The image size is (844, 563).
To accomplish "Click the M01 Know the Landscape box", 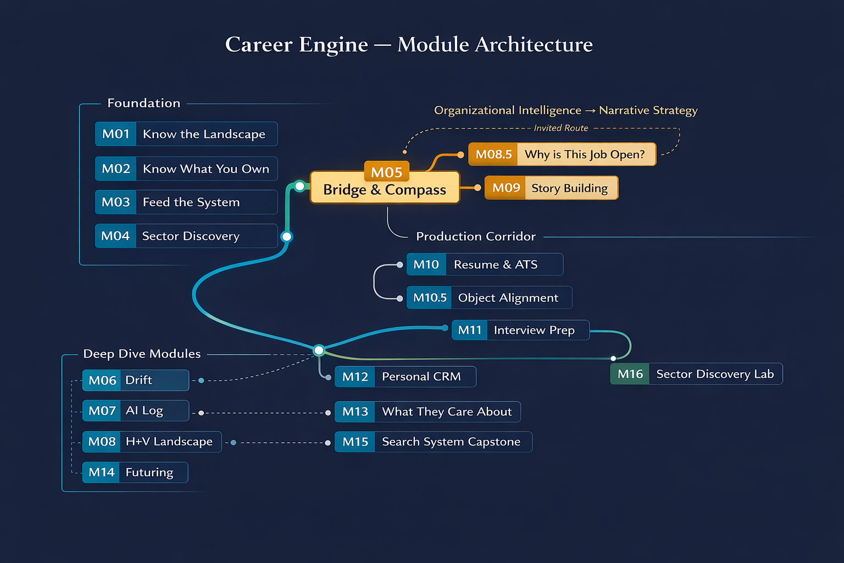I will (x=186, y=134).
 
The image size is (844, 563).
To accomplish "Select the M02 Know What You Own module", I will (x=186, y=169).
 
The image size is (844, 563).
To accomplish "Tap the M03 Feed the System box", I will (x=186, y=202).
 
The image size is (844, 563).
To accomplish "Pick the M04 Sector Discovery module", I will (x=186, y=236).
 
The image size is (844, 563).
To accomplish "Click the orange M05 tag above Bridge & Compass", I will (x=386, y=172).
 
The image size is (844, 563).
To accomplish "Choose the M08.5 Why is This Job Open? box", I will (x=562, y=154).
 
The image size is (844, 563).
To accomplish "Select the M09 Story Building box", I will (x=551, y=188).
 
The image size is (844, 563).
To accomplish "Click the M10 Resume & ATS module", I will (x=484, y=264).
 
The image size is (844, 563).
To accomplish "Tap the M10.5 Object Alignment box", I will (x=489, y=297).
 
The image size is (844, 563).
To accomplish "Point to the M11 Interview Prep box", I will (x=520, y=330).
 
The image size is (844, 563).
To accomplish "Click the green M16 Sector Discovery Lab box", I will (x=696, y=374).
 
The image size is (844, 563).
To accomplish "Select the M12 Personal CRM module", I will (x=405, y=377).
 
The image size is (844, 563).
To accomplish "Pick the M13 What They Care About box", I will (x=427, y=412).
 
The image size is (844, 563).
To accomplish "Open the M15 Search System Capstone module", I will (x=433, y=442).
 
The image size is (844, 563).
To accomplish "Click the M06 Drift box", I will (x=135, y=380).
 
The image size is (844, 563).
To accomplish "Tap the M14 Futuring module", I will (x=135, y=472).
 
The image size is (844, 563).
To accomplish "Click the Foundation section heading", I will (x=144, y=103).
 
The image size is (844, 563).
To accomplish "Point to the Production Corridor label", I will (x=475, y=236).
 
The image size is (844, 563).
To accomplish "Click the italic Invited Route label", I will (x=560, y=128).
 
